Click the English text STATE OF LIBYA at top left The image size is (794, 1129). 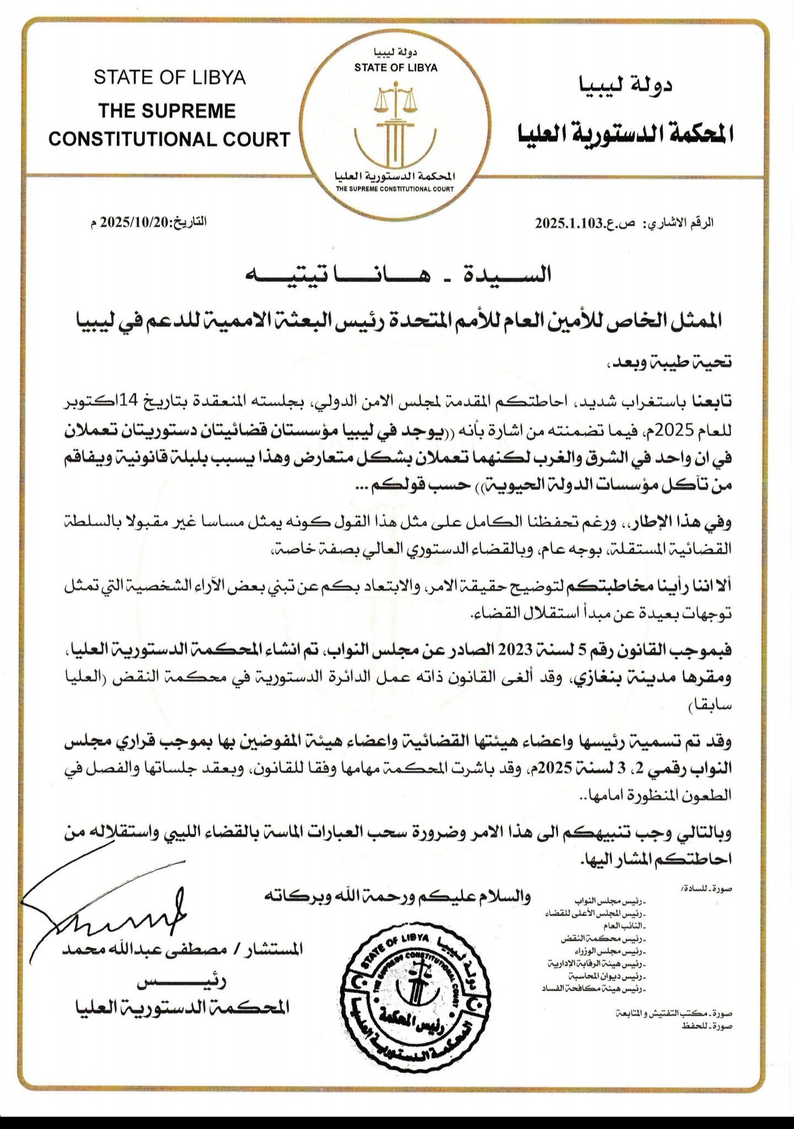pyautogui.click(x=169, y=77)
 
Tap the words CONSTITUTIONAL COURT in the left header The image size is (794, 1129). pyautogui.click(x=169, y=139)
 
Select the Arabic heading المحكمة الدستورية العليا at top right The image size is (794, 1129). pyautogui.click(x=626, y=133)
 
